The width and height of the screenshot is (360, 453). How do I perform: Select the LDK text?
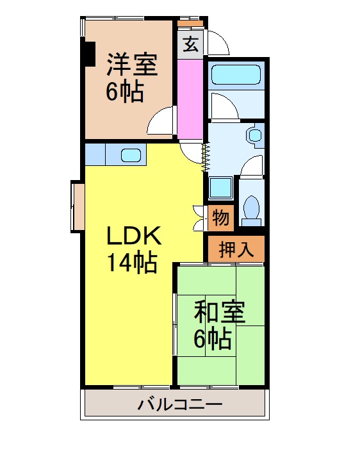(133, 236)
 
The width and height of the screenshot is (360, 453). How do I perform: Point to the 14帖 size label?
(132, 263)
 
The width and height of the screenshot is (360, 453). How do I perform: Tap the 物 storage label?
(220, 218)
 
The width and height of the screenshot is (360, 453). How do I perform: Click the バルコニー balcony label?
(180, 405)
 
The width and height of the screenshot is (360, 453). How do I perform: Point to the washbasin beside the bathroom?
(256, 135)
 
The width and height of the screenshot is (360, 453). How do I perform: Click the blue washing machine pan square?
(221, 187)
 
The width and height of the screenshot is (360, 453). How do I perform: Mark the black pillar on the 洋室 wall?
(88, 54)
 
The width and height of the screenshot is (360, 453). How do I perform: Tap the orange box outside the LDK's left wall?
(78, 206)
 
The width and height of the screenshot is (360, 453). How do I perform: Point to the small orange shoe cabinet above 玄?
(190, 24)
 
